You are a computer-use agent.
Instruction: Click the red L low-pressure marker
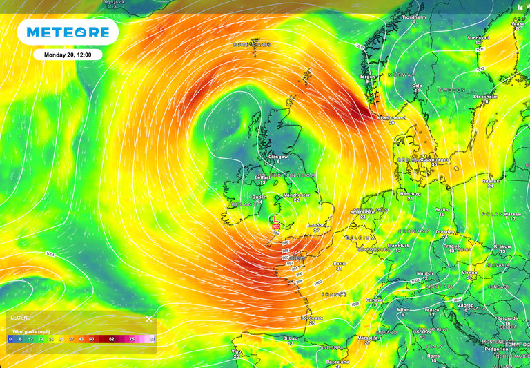pyautogui.click(x=276, y=219)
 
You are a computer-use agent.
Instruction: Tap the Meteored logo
pyautogui.click(x=68, y=32)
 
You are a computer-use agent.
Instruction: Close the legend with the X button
pyautogui.click(x=148, y=319)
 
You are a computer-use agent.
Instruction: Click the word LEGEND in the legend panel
pyautogui.click(x=20, y=318)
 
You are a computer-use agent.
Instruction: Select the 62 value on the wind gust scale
pyautogui.click(x=112, y=340)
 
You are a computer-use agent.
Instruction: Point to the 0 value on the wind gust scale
pyautogui.click(x=10, y=340)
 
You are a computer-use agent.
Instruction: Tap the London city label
pyautogui.click(x=316, y=225)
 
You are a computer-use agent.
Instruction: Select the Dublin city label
pyautogui.click(x=259, y=197)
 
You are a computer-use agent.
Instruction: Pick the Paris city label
pyautogui.click(x=340, y=263)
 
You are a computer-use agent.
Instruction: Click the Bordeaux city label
pyautogui.click(x=312, y=318)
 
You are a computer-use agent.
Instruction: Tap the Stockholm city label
pyautogui.click(x=485, y=97)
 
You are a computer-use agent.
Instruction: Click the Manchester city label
pyautogui.click(x=296, y=195)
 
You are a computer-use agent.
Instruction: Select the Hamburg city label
pyautogui.click(x=410, y=194)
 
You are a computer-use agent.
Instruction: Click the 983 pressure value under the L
pyautogui.click(x=276, y=226)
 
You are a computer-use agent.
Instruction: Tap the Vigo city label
pyautogui.click(x=237, y=351)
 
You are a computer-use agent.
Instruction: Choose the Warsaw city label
pyautogui.click(x=512, y=214)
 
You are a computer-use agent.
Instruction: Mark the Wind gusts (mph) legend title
pyautogui.click(x=30, y=331)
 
